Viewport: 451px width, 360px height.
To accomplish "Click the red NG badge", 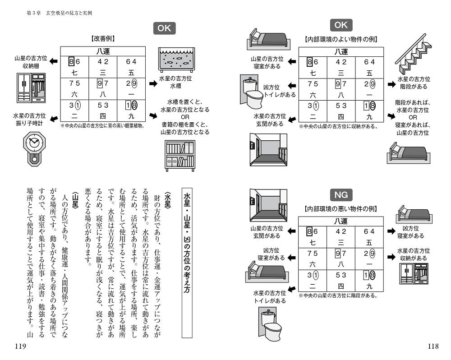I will pyautogui.click(x=341, y=195).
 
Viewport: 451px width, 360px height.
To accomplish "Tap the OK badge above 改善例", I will pyautogui.click(x=164, y=28).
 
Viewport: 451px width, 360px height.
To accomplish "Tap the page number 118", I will pyautogui.click(x=432, y=346).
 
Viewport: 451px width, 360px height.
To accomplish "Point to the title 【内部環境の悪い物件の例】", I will pyautogui.click(x=341, y=208).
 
